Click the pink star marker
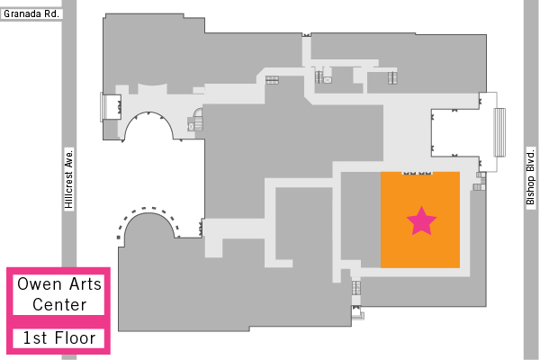pyautogui.click(x=421, y=221)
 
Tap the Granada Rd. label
pyautogui.click(x=31, y=14)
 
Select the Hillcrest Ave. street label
pyautogui.click(x=69, y=179)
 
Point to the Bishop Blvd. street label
pyautogui.click(x=531, y=178)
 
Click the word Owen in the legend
pyautogui.click(x=40, y=284)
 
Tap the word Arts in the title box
pyautogui.click(x=85, y=284)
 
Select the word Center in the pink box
pyautogui.click(x=59, y=305)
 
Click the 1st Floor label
pyautogui.click(x=58, y=338)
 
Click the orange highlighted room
pyautogui.click(x=420, y=220)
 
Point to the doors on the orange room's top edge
pyautogui.click(x=417, y=173)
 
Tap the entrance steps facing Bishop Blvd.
pyautogui.click(x=499, y=132)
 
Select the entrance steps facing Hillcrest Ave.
pyautogui.click(x=103, y=107)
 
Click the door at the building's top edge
pyautogui.click(x=306, y=35)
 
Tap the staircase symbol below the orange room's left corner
pyautogui.click(x=356, y=288)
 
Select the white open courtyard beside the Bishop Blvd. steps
pyautogui.click(x=454, y=132)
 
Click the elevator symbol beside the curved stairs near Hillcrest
pyautogui.click(x=191, y=126)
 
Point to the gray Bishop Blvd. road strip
pyautogui.click(x=531, y=180)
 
